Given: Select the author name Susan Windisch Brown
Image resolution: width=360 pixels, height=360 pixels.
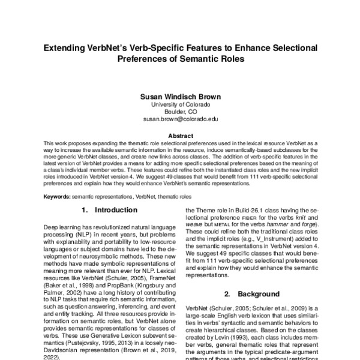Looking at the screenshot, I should [x=180, y=95].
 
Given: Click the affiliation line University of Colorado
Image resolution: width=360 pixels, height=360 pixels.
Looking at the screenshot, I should [x=180, y=104].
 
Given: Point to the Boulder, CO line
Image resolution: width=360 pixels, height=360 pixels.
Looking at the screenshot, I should [x=180, y=111].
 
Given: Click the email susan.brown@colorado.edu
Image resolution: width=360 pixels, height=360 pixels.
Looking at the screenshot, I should [x=180, y=119].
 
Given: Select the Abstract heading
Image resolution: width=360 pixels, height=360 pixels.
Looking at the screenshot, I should [x=180, y=136].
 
